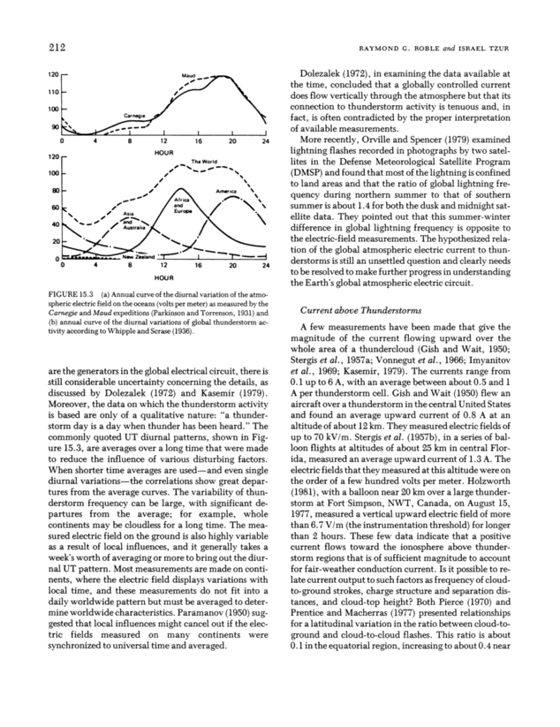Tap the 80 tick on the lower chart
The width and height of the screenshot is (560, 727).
(53, 191)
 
